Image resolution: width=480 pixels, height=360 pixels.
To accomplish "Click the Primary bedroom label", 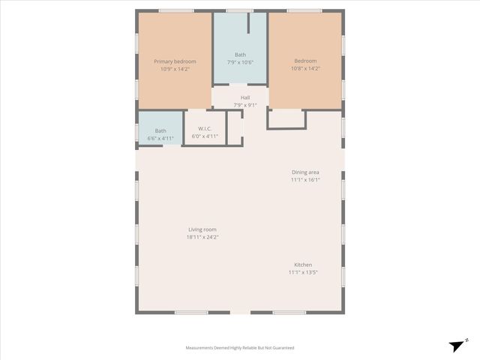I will pos(175,61).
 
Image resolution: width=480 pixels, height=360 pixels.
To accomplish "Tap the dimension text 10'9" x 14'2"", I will pos(175,68).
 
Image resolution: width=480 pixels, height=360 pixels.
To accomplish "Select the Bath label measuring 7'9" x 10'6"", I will pos(240,54).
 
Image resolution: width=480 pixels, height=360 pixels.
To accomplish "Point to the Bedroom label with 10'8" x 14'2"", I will pos(305,61).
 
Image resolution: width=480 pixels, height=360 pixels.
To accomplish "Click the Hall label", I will pos(245,97).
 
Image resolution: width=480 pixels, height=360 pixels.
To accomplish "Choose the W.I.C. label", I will pos(205,129).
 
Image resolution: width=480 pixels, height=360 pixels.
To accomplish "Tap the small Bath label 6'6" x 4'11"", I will pos(160,130).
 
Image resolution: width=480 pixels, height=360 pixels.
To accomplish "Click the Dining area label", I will pos(305,172).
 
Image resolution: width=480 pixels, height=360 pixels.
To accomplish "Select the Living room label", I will pos(202,229).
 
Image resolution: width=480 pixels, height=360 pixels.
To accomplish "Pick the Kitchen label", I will pos(303,265).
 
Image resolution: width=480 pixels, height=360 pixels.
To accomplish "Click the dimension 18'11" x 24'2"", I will pos(202,237).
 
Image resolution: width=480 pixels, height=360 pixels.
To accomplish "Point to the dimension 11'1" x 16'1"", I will pos(305,179).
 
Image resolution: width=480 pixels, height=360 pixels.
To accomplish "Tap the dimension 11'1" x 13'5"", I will pos(303,272).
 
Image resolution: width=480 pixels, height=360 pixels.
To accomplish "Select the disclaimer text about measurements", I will pos(240,348).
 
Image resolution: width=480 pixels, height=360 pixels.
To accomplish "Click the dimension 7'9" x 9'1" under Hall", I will pos(245,105).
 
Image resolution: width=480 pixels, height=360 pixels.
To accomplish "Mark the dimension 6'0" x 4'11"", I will pos(205,136).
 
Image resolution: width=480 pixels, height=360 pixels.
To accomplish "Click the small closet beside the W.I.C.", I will pos(235,128).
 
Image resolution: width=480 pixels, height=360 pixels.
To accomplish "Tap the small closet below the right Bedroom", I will pos(286,118).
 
